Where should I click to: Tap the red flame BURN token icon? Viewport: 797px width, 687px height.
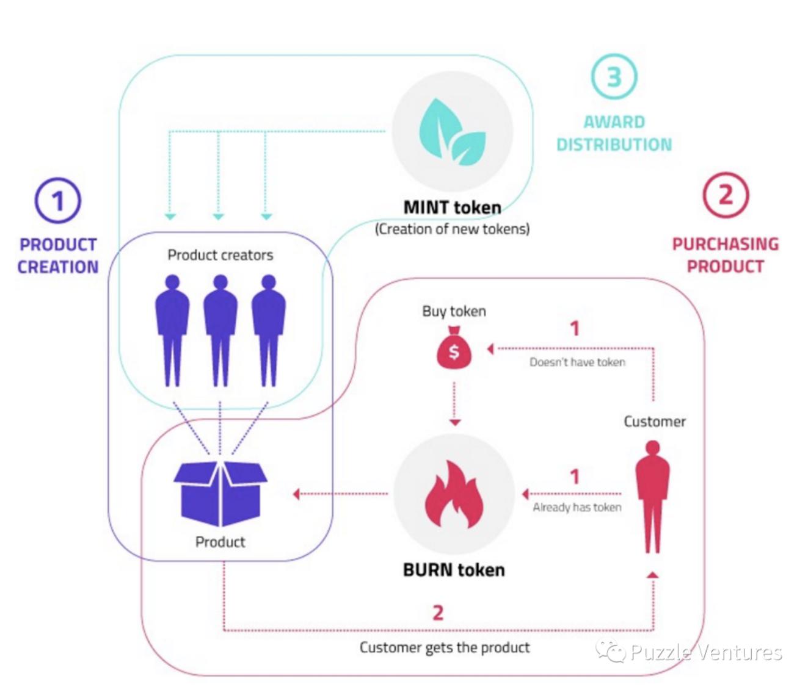point(454,494)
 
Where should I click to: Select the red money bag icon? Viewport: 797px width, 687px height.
point(454,348)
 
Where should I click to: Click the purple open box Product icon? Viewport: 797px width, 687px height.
point(220,493)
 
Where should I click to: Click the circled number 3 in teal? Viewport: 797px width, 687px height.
point(614,77)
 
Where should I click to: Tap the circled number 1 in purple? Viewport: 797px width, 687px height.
point(58,201)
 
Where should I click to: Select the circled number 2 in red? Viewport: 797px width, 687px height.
point(725,196)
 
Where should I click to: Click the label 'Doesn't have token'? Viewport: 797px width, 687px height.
point(577,362)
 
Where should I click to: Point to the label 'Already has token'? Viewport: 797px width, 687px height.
point(577,508)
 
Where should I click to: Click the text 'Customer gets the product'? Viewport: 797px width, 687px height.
point(445,647)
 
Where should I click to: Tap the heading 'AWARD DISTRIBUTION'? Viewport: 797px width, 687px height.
point(614,133)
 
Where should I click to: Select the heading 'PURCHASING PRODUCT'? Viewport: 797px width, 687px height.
point(725,255)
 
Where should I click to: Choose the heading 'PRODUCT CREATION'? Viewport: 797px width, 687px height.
point(58,256)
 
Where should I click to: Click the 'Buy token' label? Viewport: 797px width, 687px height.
point(454,311)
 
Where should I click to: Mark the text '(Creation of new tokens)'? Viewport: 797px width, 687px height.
point(452,229)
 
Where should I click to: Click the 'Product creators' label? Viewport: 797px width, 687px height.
point(220,255)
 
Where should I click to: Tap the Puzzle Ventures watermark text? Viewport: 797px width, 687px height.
point(705,652)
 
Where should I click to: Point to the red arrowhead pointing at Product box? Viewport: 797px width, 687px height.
point(296,494)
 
